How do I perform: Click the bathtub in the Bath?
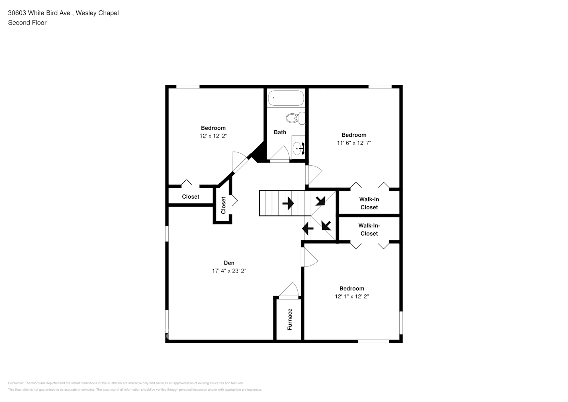(286, 98)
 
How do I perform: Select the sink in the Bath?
(298, 148)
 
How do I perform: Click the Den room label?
(229, 263)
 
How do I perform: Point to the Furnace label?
(290, 319)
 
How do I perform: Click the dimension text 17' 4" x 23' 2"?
(229, 271)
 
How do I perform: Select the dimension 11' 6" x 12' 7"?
(354, 143)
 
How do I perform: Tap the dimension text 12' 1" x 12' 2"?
(352, 297)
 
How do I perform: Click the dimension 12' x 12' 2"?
(213, 136)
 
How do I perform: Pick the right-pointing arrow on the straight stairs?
(288, 203)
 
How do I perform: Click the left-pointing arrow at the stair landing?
(307, 229)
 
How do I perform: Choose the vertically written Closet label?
(223, 205)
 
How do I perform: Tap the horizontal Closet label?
(190, 197)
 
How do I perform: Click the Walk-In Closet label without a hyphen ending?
(369, 203)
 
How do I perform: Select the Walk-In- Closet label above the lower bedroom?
(369, 230)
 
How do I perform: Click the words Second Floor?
(27, 23)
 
